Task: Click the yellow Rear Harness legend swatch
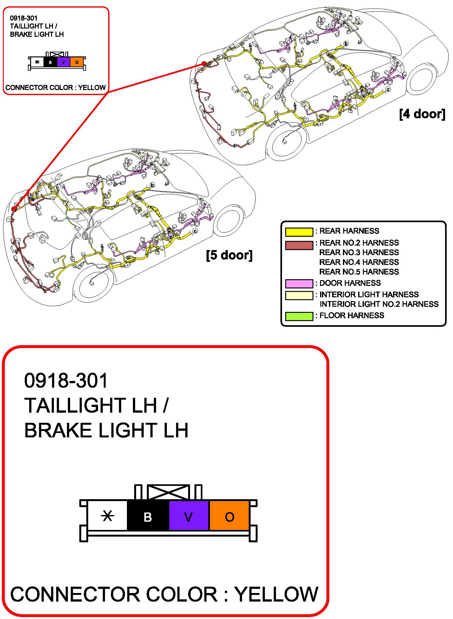299,232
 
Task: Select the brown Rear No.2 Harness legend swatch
299,245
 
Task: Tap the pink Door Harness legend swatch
299,283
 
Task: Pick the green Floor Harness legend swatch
299,316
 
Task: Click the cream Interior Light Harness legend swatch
299,295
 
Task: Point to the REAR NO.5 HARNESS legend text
359,272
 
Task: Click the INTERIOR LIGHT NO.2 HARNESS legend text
379,304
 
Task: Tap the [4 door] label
422,114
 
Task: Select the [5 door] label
229,255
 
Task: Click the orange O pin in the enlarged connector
229,517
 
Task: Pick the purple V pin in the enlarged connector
188,517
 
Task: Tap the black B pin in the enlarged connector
148,517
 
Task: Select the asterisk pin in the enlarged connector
107,517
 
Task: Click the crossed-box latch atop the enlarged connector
168,492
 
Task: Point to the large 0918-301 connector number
66,380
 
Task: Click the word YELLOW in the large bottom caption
276,594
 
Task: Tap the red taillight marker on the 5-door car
14,209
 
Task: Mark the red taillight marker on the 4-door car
204,64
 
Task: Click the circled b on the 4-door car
346,43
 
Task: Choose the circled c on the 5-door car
195,231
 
